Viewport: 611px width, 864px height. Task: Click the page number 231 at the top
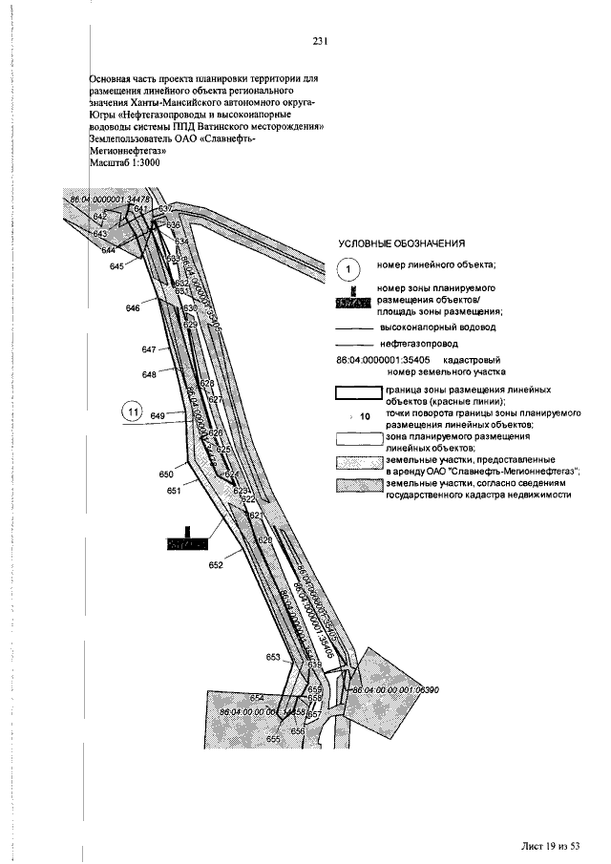[320, 41]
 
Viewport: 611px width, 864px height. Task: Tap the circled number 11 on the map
[133, 411]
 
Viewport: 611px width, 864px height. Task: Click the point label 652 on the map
[215, 565]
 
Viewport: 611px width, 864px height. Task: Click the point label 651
[174, 490]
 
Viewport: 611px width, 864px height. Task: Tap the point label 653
[274, 658]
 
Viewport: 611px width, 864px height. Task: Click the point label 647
[149, 350]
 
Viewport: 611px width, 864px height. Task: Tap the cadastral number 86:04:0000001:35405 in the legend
[383, 361]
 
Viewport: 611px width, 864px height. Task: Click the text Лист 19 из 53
[551, 845]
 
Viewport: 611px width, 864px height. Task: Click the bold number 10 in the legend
[364, 416]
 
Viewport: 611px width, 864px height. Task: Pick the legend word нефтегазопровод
[418, 342]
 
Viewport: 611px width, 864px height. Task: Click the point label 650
[166, 474]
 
